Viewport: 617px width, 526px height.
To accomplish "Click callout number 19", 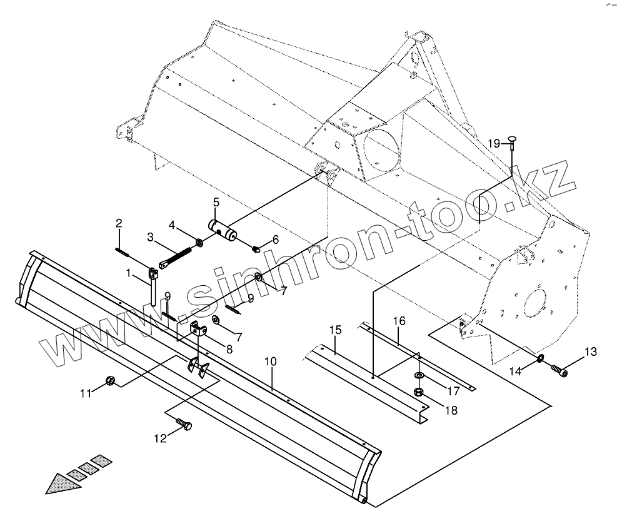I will click(494, 143).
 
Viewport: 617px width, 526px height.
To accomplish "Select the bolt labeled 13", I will click(560, 371).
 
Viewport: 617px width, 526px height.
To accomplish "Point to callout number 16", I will click(399, 321).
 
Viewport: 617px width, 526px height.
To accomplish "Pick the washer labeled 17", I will click(419, 375).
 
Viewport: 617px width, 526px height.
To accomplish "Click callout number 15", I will click(335, 330).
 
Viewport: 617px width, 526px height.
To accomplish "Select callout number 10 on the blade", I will click(270, 362).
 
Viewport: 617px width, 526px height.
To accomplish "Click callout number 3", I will click(150, 237).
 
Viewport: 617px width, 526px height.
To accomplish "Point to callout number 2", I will click(118, 223).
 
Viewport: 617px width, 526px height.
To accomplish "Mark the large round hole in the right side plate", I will click(535, 303).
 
